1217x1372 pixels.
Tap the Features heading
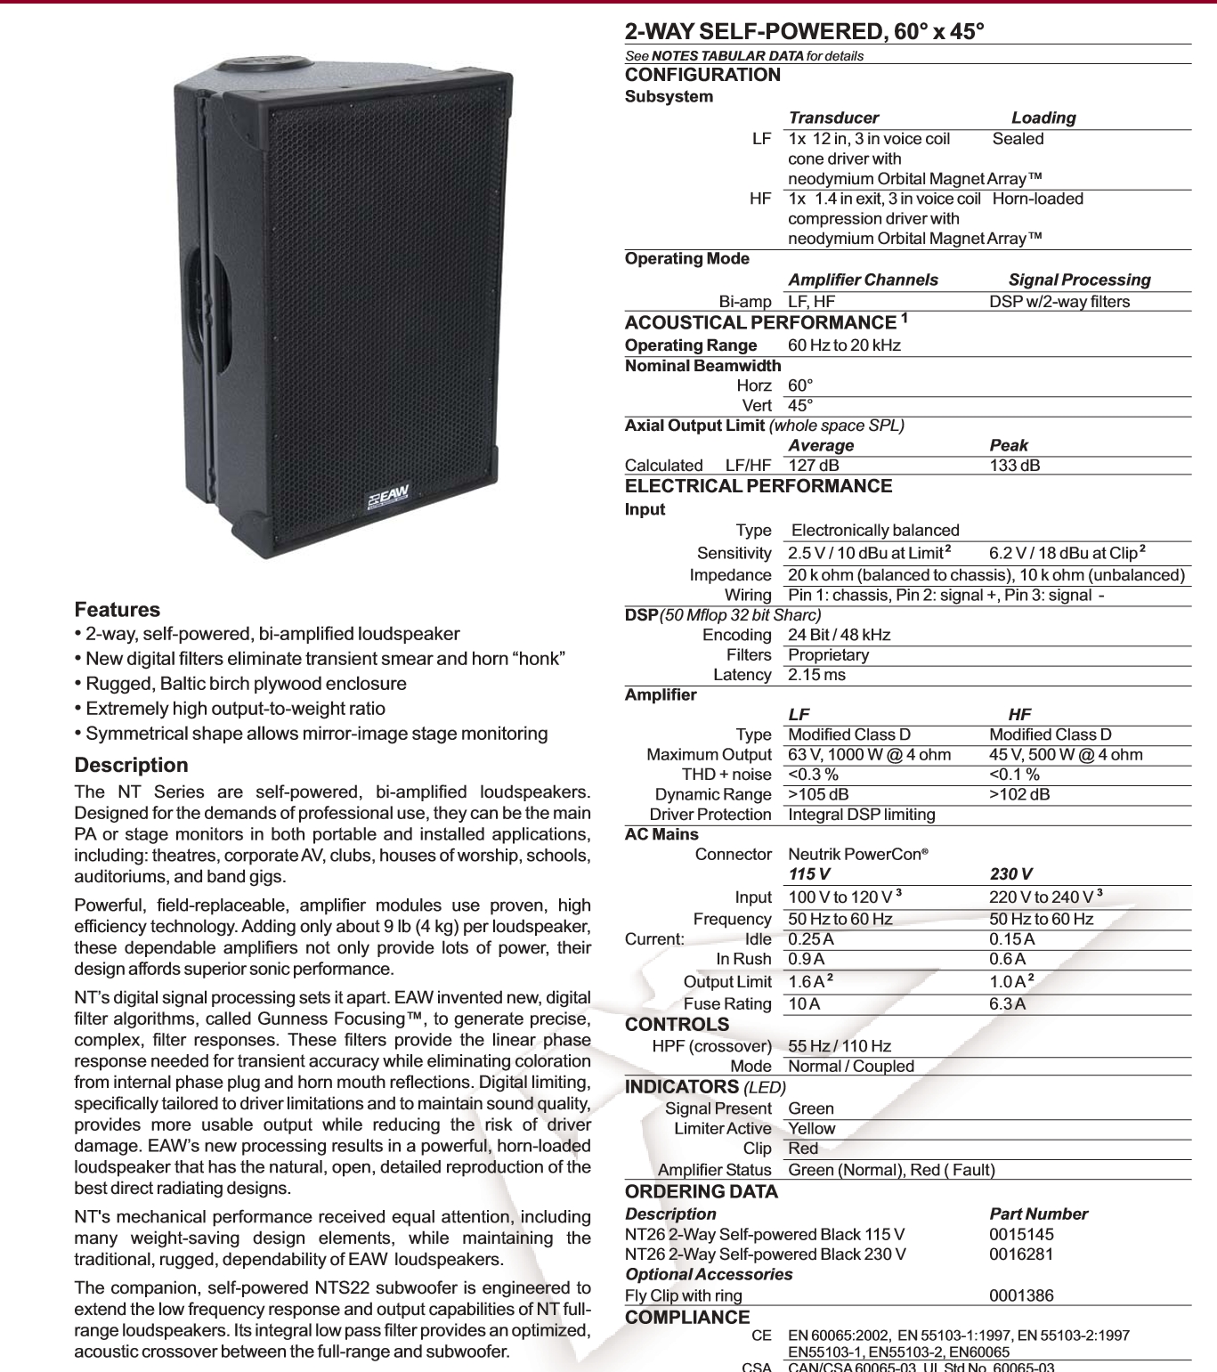(117, 610)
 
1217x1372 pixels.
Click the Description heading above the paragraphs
(131, 765)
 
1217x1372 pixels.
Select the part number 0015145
(1021, 1234)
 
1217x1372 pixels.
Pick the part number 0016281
(1021, 1254)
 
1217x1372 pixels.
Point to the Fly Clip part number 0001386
(1021, 1295)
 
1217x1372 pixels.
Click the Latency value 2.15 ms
(816, 675)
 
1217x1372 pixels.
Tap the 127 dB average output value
(813, 465)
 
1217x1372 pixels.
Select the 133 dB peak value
(1014, 465)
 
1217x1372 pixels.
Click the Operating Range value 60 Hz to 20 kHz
(844, 345)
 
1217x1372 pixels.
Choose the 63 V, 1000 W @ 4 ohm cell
(869, 754)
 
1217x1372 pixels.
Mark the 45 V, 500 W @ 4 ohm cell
(1066, 754)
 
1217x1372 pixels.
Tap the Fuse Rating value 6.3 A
(1007, 1003)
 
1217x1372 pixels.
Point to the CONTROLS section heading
(677, 1025)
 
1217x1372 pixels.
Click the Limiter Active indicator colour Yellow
(812, 1128)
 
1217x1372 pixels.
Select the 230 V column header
(1010, 873)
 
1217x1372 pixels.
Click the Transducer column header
(833, 118)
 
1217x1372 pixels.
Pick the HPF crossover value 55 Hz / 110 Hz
(840, 1046)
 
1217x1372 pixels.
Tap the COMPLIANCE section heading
(687, 1317)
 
